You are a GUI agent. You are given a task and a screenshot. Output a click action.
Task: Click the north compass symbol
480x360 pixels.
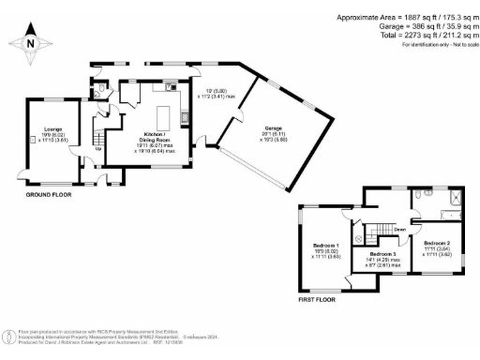coord(31,43)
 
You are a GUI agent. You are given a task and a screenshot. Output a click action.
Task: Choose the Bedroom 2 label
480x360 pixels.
coord(437,246)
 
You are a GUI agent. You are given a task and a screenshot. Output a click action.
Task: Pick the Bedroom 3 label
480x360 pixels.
coord(384,259)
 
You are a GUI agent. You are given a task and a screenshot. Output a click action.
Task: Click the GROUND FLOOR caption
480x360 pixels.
coord(49,194)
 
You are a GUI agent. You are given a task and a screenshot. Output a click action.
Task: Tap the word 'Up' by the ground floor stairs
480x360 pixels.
coord(98,149)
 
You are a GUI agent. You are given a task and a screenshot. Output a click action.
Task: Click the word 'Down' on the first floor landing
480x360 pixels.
coord(399,229)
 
